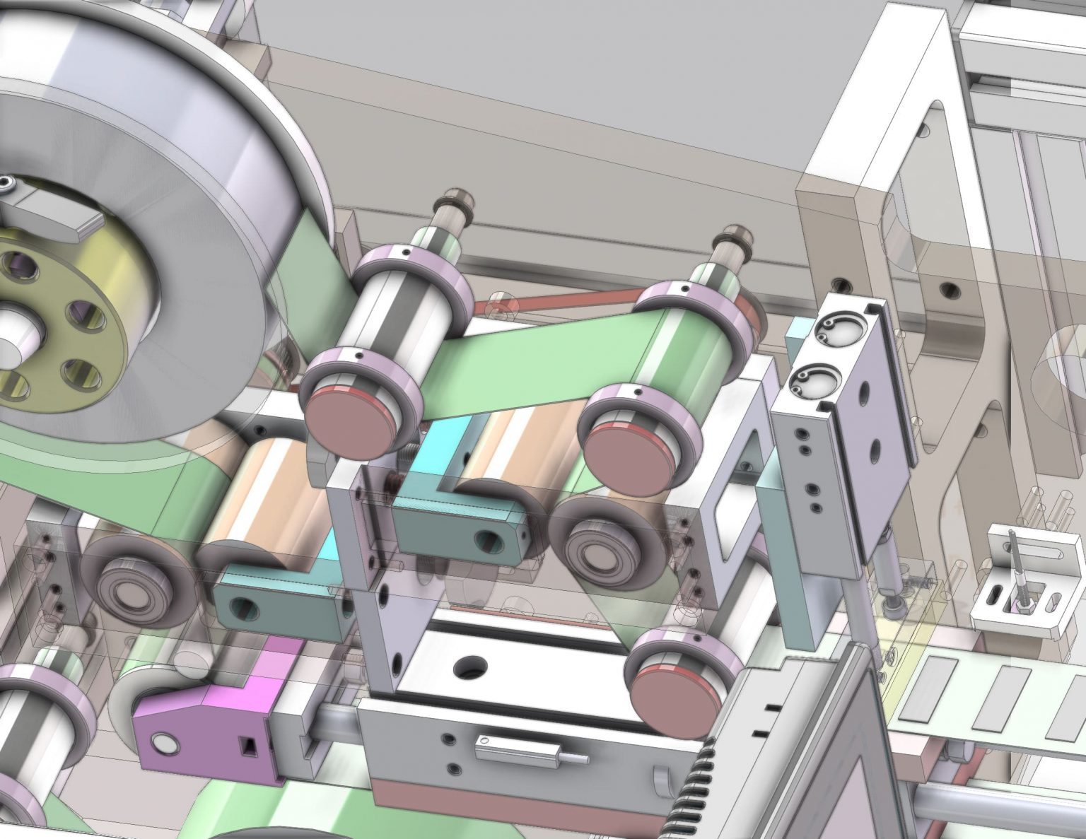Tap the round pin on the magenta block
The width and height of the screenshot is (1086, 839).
click(x=165, y=743)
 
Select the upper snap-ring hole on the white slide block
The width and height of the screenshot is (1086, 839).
click(x=836, y=329)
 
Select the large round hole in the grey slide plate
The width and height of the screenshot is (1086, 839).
click(x=469, y=664)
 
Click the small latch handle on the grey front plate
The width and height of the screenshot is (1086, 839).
click(x=523, y=749)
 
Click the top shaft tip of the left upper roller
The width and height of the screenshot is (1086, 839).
click(x=447, y=197)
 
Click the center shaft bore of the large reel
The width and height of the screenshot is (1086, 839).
click(x=11, y=339)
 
